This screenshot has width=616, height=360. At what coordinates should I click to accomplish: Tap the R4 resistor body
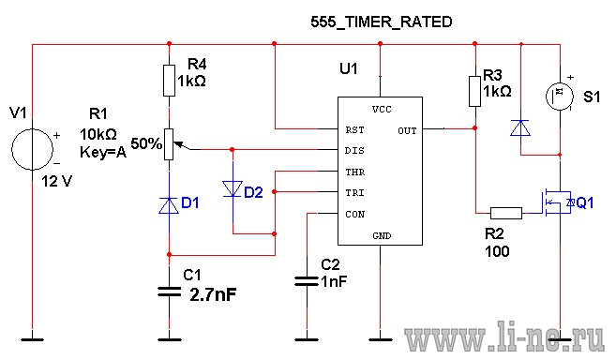pos(170,81)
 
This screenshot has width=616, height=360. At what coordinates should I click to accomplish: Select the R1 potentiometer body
pos(169,144)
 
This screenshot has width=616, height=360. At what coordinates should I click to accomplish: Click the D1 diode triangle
pos(169,206)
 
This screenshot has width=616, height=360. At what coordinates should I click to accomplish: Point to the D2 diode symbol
pos(233,188)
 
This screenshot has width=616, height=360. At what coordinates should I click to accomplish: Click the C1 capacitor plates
pos(170,292)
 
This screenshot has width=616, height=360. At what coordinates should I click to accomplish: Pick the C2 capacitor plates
pos(307,281)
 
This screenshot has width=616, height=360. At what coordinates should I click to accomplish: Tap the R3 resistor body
pos(475,92)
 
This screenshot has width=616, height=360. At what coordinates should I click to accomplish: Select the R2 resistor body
pos(506,213)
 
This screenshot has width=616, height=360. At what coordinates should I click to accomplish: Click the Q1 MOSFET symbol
pos(557,202)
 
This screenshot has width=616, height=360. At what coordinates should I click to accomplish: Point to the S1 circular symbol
pos(560,97)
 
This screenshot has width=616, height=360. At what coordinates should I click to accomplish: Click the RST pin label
pos(354,130)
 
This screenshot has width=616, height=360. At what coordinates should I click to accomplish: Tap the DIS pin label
pos(354,151)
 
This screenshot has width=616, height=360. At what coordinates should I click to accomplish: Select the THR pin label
pos(355,172)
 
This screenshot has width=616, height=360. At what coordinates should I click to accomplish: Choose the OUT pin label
pos(407,131)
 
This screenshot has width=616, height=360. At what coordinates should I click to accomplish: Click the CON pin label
pos(355,215)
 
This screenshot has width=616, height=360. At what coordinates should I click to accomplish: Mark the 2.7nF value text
pos(214,294)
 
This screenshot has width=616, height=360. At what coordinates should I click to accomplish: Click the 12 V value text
pos(57,182)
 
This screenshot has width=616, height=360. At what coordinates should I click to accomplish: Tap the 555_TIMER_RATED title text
pos(382,22)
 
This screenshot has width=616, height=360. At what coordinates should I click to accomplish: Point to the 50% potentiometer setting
pos(146,143)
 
